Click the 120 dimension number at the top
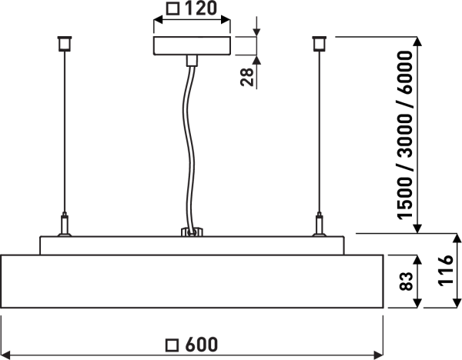pos(199,10)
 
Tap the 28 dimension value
pos(247,76)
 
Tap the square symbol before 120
pos(172,10)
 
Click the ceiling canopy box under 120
pos(192,45)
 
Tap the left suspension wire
pos(64,131)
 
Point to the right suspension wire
pos(318,131)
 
